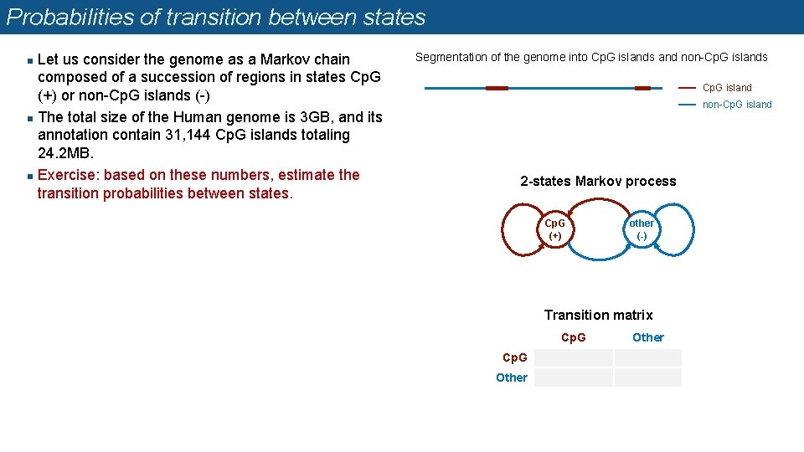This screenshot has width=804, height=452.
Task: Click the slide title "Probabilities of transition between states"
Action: click(x=215, y=18)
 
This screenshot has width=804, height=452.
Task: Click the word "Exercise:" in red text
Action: click(x=69, y=175)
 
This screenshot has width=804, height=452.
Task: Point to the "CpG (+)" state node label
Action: click(x=554, y=229)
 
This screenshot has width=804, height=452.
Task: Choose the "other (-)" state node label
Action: click(x=642, y=229)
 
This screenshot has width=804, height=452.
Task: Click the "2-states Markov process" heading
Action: click(x=598, y=182)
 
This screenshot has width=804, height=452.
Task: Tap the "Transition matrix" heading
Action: click(x=598, y=315)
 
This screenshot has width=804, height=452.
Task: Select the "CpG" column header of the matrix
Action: click(x=574, y=337)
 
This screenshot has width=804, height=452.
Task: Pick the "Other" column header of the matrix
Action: click(x=647, y=337)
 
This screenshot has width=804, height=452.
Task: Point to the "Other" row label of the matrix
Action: click(x=512, y=378)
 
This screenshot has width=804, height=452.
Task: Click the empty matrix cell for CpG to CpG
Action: click(x=574, y=357)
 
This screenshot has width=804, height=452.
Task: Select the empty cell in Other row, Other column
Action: click(x=647, y=378)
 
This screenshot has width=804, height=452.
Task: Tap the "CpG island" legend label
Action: click(x=727, y=88)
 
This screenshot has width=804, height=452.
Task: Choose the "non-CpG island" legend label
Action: click(x=737, y=105)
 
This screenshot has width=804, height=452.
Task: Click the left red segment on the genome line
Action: click(x=497, y=88)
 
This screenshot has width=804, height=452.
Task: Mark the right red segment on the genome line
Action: click(x=642, y=88)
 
